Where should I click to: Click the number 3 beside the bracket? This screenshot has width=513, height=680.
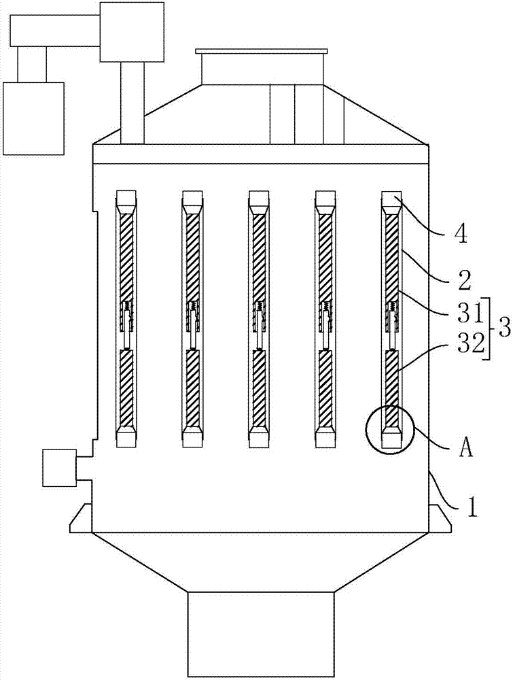coord(503,329)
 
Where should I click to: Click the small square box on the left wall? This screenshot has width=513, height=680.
coord(59,468)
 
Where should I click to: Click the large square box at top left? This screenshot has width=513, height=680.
coord(132,32)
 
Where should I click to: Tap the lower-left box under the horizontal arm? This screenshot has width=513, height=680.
coord(33,118)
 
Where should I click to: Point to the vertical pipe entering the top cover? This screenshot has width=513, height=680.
coord(132,103)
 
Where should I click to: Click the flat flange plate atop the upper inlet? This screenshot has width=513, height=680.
coord(261,51)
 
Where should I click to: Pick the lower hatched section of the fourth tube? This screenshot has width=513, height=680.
coord(325,388)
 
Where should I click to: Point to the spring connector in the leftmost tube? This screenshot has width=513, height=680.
coord(126,307)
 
